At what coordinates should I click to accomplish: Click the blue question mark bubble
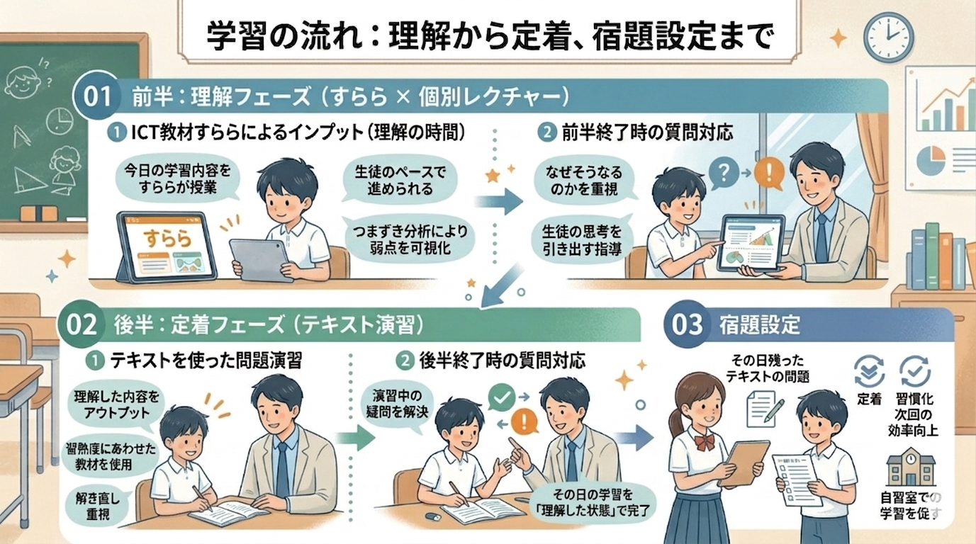point(724,172)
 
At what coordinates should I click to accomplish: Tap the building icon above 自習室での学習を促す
point(910,469)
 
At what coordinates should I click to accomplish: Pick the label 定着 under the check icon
point(869,398)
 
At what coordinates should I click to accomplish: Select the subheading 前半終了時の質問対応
point(646,132)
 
